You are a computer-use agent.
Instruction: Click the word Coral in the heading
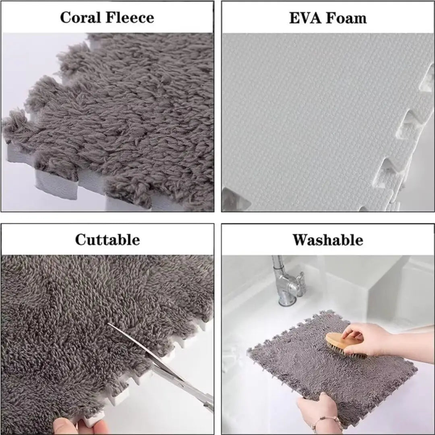pyautogui.click(x=81, y=18)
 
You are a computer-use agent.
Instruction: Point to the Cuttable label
pyautogui.click(x=107, y=240)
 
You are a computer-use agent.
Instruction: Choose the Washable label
pyautogui.click(x=328, y=240)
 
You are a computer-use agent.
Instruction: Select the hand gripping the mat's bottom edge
pyautogui.click(x=318, y=407)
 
